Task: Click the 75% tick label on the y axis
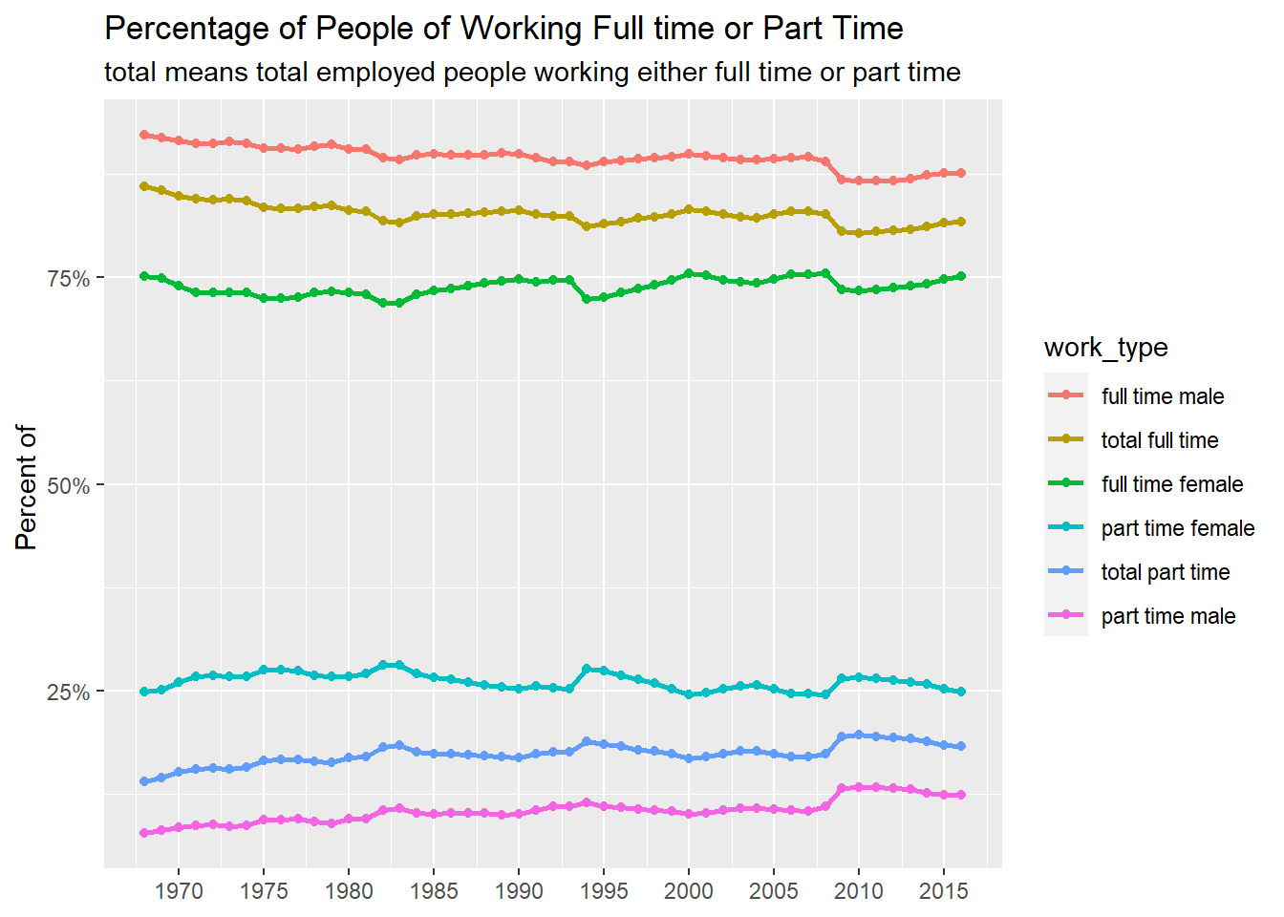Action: pos(68,279)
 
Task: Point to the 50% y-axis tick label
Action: pos(68,486)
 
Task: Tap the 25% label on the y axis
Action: pos(68,693)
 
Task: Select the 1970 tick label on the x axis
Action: pos(179,891)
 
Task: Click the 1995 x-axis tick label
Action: pos(604,891)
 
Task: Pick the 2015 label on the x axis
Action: pos(944,891)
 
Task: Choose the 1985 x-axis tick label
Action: pos(434,891)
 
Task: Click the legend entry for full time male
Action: pos(1162,396)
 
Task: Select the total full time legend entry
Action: pos(1159,440)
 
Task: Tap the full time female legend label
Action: pos(1171,484)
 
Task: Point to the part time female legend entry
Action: pos(1177,528)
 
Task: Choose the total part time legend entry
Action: pos(1165,572)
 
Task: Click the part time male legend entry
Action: pos(1167,616)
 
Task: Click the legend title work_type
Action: pos(1105,348)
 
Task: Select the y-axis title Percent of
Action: pos(27,487)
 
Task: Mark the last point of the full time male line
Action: pos(961,173)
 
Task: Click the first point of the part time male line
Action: pos(144,833)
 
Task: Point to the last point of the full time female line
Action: pos(961,276)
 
